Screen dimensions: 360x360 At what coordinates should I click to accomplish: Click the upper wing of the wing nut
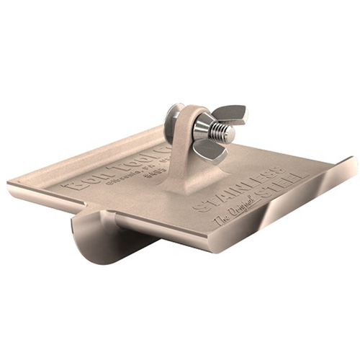pyautogui.click(x=230, y=114)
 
